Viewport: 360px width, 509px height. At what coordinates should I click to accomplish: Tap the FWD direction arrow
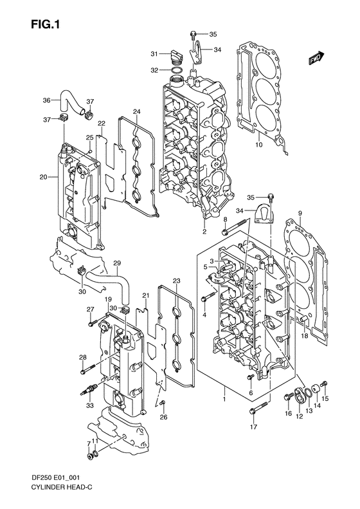(315, 59)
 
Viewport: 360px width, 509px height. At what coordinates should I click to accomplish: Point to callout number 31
(154, 53)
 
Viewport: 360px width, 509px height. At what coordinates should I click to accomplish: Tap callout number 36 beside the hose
(46, 100)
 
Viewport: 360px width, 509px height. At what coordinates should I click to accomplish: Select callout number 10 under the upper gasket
(259, 145)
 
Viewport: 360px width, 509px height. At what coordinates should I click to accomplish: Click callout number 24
(136, 112)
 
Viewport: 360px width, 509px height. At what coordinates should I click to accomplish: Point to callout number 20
(43, 177)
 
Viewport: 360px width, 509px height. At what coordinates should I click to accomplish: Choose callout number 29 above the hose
(117, 263)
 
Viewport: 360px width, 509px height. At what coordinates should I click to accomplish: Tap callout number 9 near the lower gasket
(299, 212)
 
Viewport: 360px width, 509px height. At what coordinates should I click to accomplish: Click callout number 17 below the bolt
(254, 427)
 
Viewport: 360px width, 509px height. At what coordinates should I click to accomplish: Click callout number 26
(163, 417)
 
